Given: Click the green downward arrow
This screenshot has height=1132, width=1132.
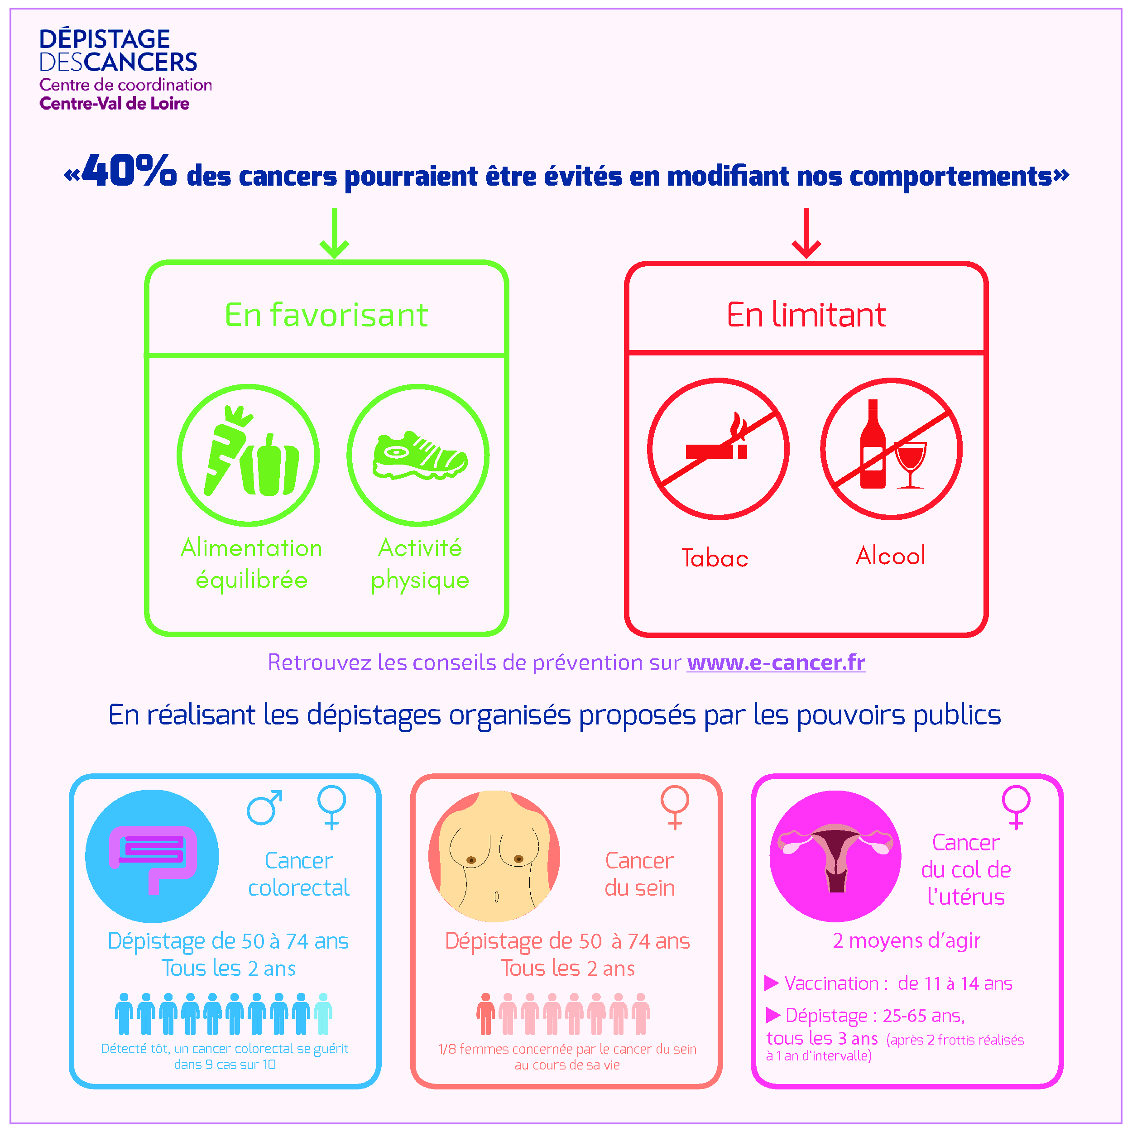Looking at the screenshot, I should pos(334,233).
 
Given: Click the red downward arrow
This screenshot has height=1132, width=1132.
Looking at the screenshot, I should pos(806,233).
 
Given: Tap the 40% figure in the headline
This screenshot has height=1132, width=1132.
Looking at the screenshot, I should pos(129,171).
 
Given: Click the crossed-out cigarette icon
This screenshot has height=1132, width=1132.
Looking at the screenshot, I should pos(718,449).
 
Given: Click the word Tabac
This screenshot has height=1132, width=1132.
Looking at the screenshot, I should pos(715,558).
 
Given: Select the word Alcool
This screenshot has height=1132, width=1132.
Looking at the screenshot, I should pos(890,556).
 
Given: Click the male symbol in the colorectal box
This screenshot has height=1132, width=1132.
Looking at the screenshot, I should pos(264,807).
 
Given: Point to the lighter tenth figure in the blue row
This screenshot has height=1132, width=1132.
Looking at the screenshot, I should pos(323,1014).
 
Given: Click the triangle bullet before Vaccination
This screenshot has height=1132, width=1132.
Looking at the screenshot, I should pos(771,983).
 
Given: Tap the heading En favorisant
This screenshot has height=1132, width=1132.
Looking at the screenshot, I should pos(326,315).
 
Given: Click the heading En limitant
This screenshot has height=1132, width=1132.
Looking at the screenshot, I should pos(806,315).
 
